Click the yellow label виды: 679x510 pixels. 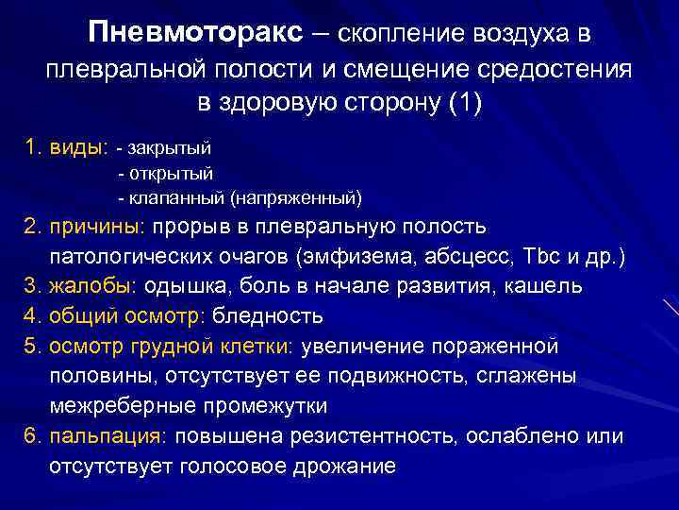pyautogui.click(x=77, y=148)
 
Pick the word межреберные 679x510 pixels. pyautogui.click(x=118, y=406)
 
